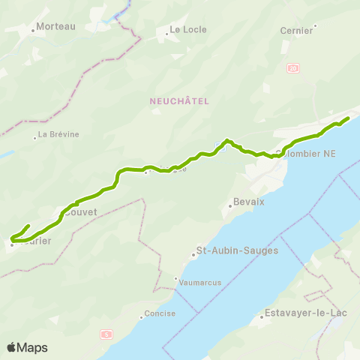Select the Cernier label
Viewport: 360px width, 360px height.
[296, 31]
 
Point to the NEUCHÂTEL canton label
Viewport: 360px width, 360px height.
[178, 100]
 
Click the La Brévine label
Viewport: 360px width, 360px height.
[58, 135]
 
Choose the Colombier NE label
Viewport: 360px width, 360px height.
[306, 154]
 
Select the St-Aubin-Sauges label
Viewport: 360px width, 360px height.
[236, 250]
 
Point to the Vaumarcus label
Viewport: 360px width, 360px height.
[197, 282]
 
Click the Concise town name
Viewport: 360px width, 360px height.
[161, 313]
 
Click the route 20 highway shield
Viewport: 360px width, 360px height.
[292, 67]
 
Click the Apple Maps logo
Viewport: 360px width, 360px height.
[27, 347]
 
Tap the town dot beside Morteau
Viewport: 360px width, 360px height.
[34, 31]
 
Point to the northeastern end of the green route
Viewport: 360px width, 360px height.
[348, 118]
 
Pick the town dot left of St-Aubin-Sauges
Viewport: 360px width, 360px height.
[193, 255]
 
